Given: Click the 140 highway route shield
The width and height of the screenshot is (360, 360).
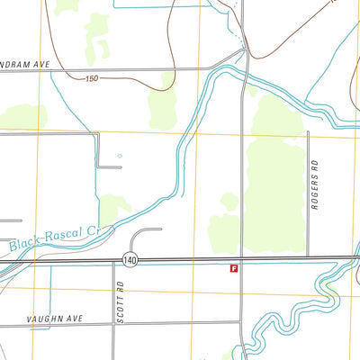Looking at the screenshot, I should (x=131, y=259).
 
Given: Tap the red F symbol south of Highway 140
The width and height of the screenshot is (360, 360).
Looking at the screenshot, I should (x=234, y=268).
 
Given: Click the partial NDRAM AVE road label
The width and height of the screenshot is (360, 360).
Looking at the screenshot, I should (x=28, y=64).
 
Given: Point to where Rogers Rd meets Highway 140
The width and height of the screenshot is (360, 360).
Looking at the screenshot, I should (x=308, y=258).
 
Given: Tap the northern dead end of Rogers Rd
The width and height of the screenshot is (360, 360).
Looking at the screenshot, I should (x=308, y=132).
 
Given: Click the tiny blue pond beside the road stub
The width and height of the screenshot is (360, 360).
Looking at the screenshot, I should (x=119, y=156).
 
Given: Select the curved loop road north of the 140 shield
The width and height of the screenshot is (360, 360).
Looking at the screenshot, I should (x=145, y=233).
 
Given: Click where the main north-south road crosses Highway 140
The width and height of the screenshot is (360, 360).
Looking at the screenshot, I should (x=241, y=259).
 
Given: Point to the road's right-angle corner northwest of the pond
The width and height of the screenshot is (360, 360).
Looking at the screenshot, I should (x=97, y=135).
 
